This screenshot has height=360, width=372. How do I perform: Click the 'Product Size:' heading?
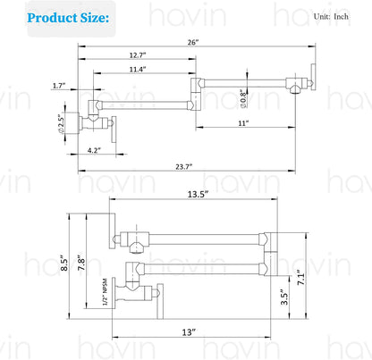68,18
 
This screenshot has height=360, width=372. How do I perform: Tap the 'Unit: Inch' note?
331,17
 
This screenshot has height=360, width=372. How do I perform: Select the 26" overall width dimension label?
193,42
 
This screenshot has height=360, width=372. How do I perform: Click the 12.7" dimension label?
138,55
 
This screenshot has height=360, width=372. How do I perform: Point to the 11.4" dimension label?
138,70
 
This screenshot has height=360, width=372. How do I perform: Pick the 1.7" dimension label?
59,86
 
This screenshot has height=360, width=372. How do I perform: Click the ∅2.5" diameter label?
61,123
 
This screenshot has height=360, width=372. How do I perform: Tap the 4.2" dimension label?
94,150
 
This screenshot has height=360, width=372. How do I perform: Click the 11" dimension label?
243,123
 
